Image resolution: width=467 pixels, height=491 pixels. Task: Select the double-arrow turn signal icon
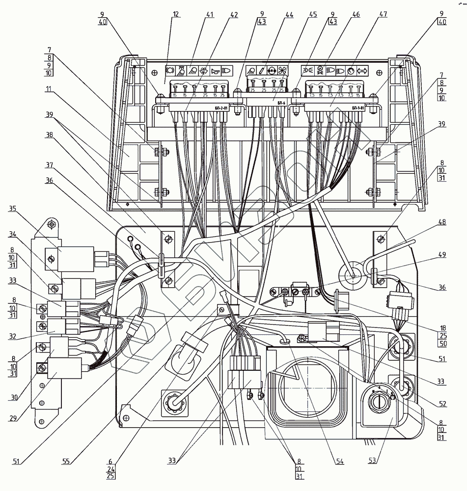point(363,70)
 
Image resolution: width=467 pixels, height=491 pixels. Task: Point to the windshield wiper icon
point(203,70)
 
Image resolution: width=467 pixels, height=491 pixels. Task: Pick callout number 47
point(383,14)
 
